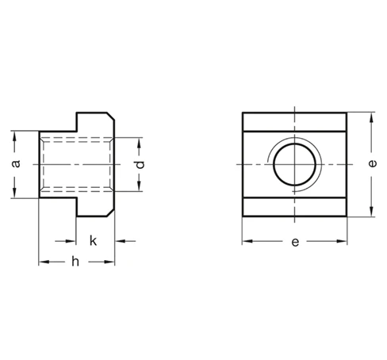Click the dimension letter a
[16, 164]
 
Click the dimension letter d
[140, 165]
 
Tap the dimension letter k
[93, 241]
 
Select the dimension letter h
[75, 262]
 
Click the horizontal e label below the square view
[295, 242]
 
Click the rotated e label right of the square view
[372, 163]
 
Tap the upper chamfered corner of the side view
[111, 117]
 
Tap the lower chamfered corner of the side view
[111, 213]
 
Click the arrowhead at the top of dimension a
[14, 136]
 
